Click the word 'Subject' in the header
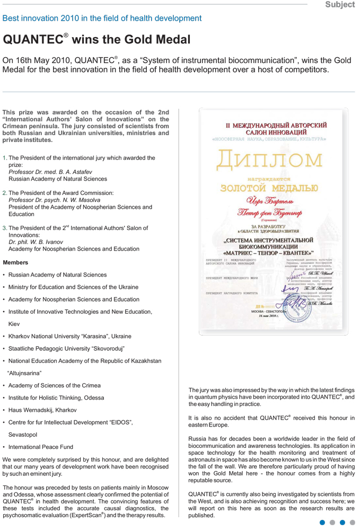pos(340,5)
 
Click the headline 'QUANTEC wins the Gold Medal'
pos(96,40)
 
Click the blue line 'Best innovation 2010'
pos(102,19)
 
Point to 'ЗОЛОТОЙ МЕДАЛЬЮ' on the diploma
pos(269,188)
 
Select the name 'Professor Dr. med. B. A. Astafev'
pos(50,172)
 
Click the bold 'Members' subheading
pos(16,262)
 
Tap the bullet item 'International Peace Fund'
pos(41,447)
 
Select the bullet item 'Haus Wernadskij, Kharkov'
pos(42,410)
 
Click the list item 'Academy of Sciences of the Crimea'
pos(54,385)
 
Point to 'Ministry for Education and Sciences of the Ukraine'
pos(73,287)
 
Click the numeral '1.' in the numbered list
pos(5,158)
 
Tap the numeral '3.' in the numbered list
pos(5,228)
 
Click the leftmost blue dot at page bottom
pos(322,523)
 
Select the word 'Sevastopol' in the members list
pos(23,435)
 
